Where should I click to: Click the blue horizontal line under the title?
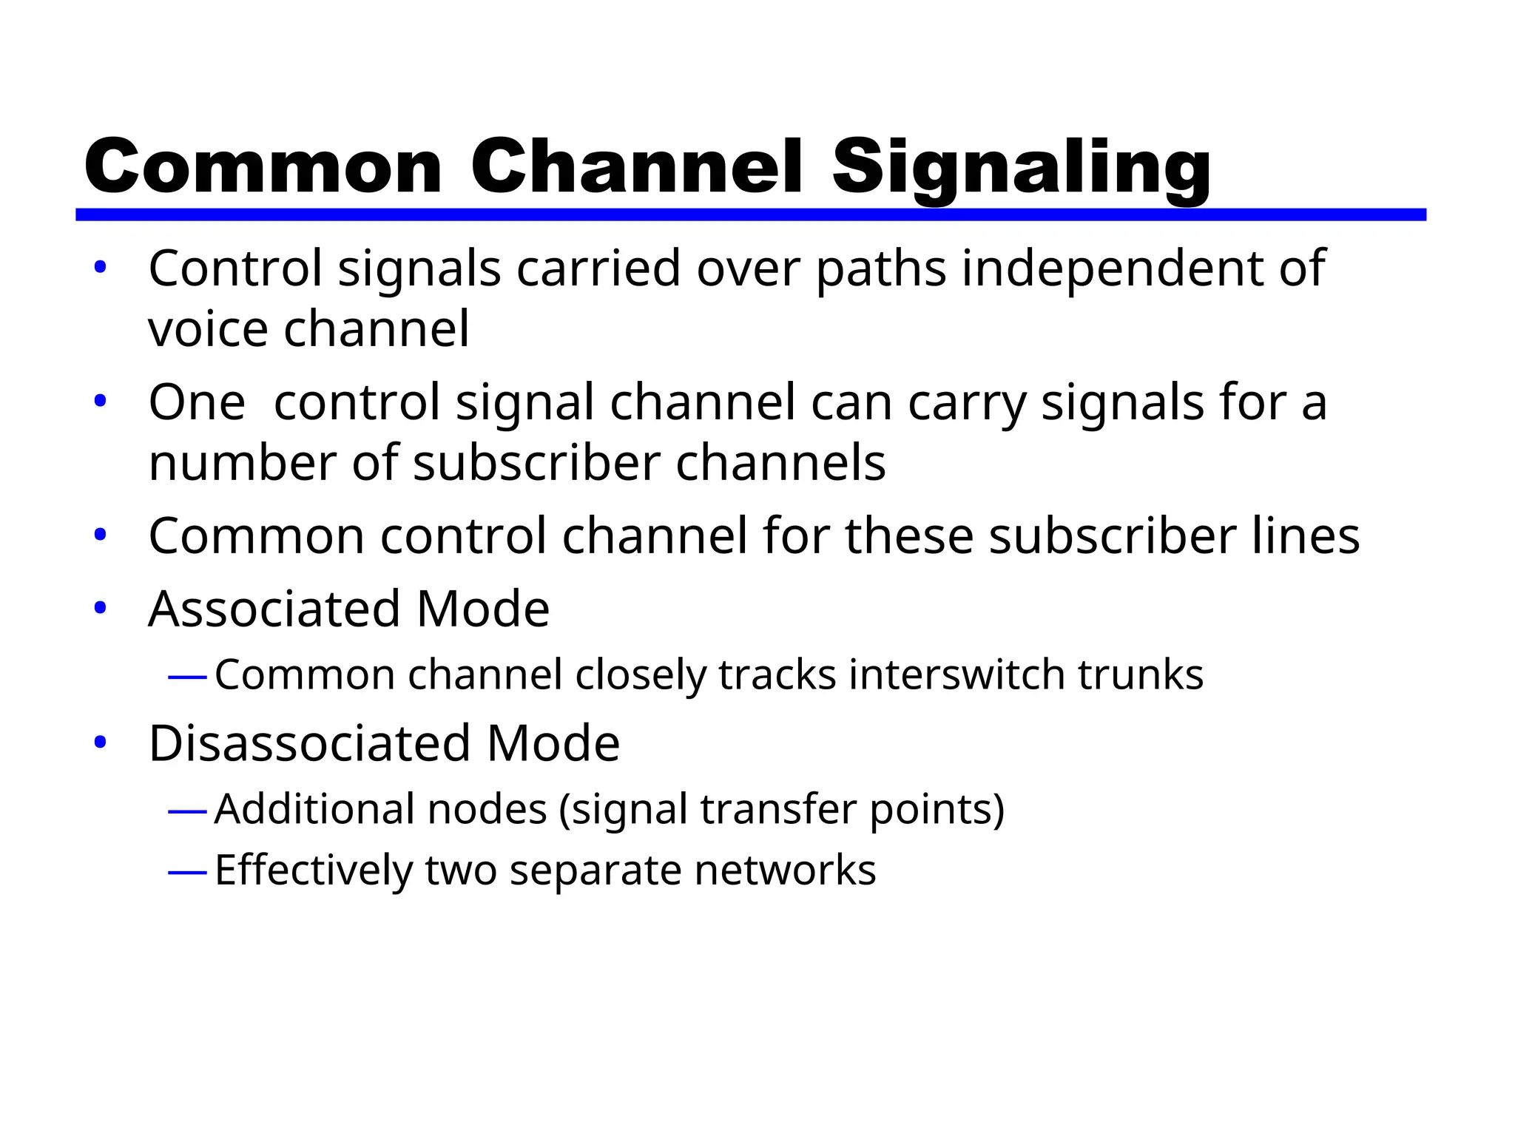pos(750,214)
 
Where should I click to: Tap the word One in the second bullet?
pos(196,403)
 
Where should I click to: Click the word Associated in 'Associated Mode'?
pos(274,609)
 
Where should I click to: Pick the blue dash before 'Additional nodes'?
pos(186,811)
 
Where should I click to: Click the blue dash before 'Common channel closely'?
pos(186,677)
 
